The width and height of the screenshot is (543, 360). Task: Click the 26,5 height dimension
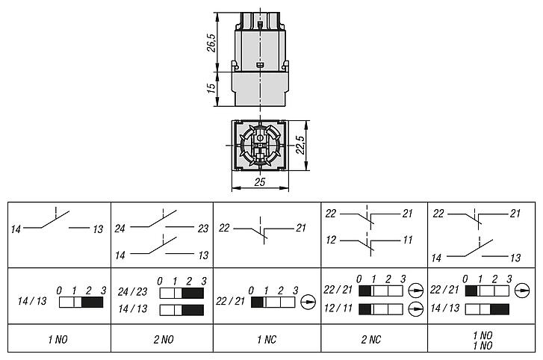(x=211, y=43)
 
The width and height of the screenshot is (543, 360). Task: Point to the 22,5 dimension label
(x=300, y=145)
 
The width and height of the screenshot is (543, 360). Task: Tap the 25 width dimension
(x=260, y=182)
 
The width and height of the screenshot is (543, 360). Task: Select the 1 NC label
(x=267, y=340)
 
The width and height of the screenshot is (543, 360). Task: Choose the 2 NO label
(x=164, y=340)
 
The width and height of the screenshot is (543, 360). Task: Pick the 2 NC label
(x=370, y=340)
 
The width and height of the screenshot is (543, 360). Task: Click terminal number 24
(x=120, y=229)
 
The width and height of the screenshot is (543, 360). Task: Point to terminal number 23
(x=203, y=229)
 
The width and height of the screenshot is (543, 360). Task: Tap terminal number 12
(x=331, y=240)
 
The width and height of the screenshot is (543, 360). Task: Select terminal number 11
(x=408, y=240)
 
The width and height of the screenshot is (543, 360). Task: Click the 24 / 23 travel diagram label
(x=132, y=292)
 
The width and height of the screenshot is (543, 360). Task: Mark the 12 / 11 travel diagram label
(x=338, y=308)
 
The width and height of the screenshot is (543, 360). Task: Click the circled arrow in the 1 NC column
(x=308, y=302)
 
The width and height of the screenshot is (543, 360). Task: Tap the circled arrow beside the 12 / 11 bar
(x=416, y=309)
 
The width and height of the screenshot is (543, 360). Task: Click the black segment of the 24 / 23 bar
(x=193, y=294)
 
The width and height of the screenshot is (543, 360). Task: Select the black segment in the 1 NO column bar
(x=92, y=302)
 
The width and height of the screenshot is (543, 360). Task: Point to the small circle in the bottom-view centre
(x=260, y=137)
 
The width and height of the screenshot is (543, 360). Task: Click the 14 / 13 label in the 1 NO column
(x=32, y=301)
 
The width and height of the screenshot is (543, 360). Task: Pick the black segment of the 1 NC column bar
(x=257, y=302)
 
